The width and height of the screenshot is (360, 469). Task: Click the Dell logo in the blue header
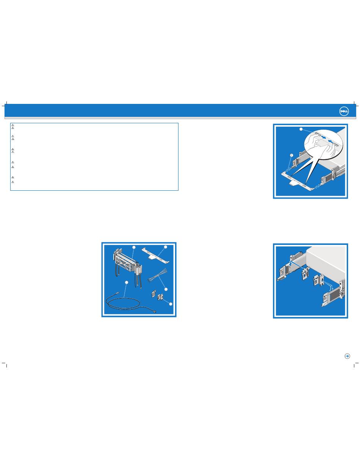pyautogui.click(x=344, y=111)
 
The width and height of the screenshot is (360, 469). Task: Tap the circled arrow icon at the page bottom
pyautogui.click(x=347, y=356)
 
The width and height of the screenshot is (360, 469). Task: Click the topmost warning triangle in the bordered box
pyautogui.click(x=13, y=125)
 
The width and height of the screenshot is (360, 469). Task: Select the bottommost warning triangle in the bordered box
pyautogui.click(x=13, y=182)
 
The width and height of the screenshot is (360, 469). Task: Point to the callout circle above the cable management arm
pyautogui.click(x=134, y=247)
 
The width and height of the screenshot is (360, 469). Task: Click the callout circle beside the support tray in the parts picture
pyautogui.click(x=166, y=247)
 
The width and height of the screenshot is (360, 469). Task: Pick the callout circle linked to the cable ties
pyautogui.click(x=166, y=289)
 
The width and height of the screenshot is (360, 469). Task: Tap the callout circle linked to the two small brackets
pyautogui.click(x=171, y=304)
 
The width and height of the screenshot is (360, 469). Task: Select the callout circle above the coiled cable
pyautogui.click(x=127, y=282)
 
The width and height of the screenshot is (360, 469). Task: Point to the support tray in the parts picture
pyautogui.click(x=156, y=256)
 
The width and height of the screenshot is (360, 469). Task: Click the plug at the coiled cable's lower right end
pyautogui.click(x=155, y=311)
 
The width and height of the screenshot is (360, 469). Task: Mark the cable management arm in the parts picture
pyautogui.click(x=127, y=268)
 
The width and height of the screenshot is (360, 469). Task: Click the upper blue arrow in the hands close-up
pyautogui.click(x=323, y=137)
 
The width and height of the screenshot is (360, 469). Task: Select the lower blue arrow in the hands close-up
pyautogui.click(x=331, y=141)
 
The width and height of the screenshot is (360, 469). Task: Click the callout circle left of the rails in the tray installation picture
pyautogui.click(x=292, y=155)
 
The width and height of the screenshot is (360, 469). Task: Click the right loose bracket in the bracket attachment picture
pyautogui.click(x=318, y=280)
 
